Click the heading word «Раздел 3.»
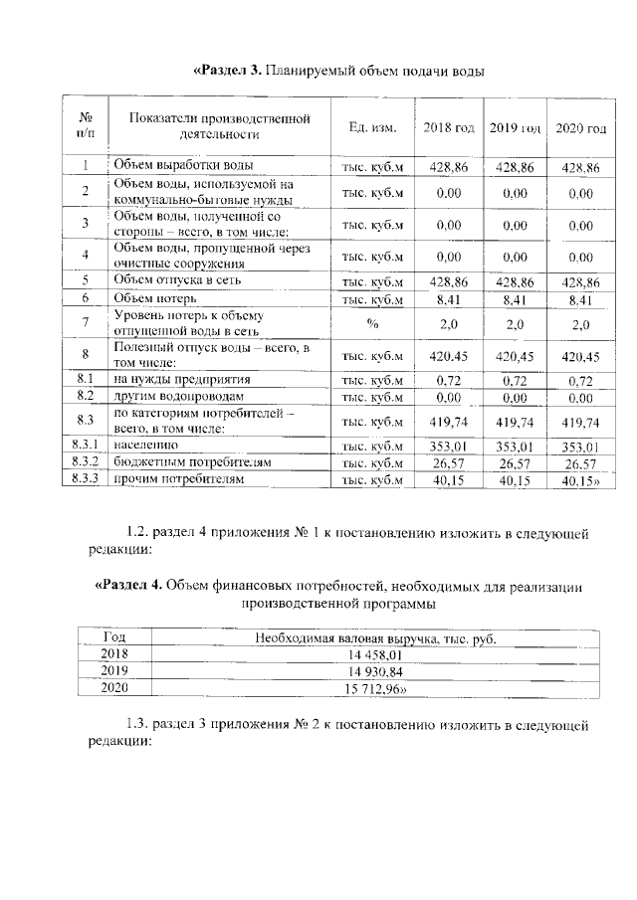(226, 71)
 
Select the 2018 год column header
(449, 128)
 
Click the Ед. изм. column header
(373, 128)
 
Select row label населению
(147, 446)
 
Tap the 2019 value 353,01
(515, 447)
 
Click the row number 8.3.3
(85, 480)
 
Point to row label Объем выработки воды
(182, 165)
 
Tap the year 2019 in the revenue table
(115, 670)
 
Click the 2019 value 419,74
(515, 422)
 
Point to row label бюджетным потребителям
(184, 463)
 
